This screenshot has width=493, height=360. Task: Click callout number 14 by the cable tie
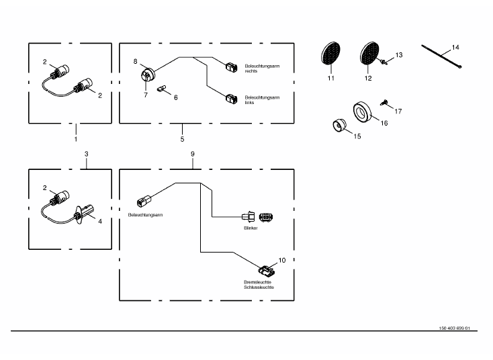[455, 47]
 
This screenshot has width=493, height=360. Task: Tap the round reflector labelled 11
[330, 54]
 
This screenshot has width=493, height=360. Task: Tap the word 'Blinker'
[251, 228]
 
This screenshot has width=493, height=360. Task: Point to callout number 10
[282, 259]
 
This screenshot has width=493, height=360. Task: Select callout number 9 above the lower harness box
[192, 154]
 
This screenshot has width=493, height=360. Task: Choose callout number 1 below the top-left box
[76, 139]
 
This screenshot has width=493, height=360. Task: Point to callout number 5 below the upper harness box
[182, 140]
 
